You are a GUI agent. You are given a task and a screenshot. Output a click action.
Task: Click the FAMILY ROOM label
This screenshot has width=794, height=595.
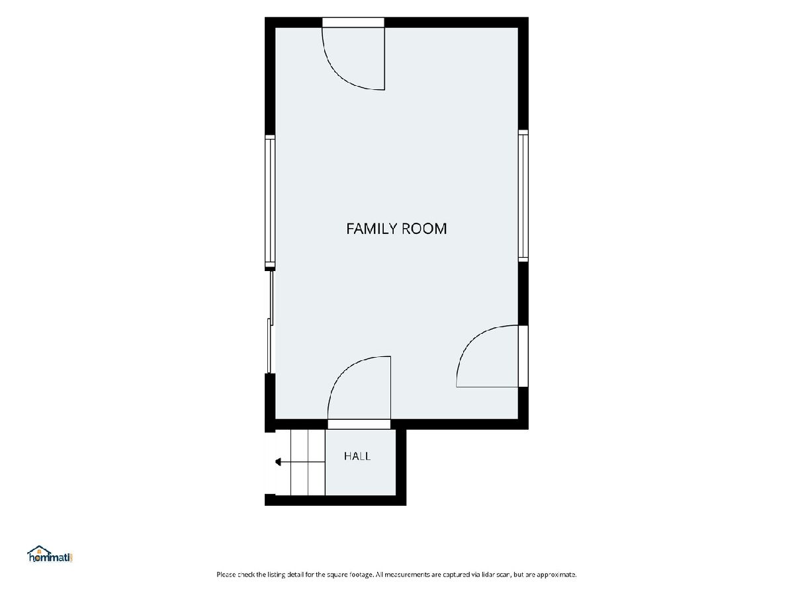[x=396, y=229]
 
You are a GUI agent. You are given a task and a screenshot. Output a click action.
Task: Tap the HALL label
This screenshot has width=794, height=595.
[x=357, y=456]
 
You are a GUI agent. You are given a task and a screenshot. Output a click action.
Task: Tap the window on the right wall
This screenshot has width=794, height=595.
[x=523, y=195]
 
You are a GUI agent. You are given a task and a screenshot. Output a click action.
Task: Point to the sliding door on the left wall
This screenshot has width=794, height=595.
[x=270, y=322]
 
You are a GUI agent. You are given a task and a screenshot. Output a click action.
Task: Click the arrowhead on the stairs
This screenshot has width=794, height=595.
[x=278, y=462]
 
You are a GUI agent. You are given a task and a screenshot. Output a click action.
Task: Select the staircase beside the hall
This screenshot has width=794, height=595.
[x=300, y=462]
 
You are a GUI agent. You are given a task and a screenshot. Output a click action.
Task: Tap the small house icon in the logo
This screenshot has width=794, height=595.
[x=38, y=551]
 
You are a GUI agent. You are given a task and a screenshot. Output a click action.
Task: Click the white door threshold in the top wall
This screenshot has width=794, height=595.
[x=353, y=22]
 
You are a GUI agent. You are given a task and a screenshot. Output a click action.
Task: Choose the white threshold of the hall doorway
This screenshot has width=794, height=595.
[x=359, y=424]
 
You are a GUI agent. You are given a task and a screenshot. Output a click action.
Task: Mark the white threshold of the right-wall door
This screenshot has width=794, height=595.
[x=523, y=356]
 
